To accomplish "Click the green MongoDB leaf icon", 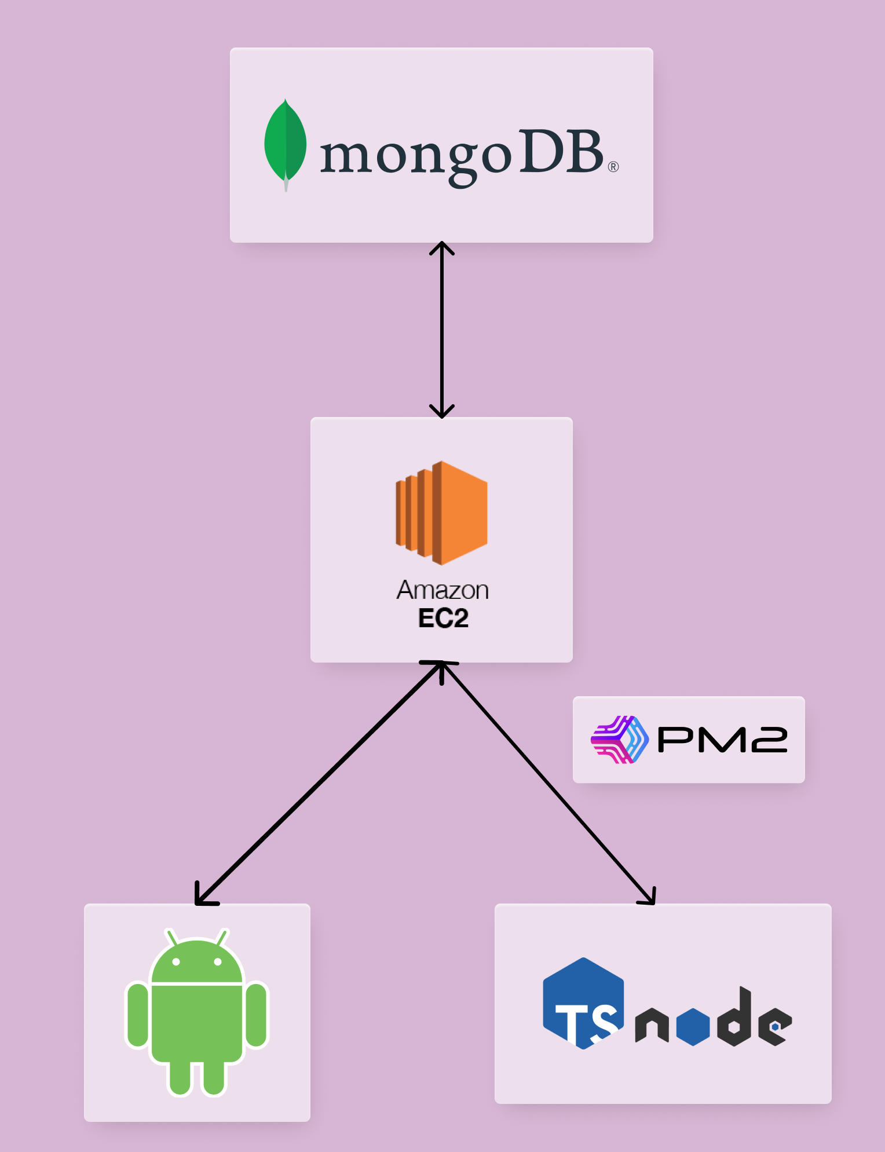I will (285, 142).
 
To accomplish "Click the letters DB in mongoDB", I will (561, 152).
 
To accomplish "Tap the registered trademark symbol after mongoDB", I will (613, 167).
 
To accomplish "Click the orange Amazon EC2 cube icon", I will (442, 513).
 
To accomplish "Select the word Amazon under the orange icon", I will (443, 590).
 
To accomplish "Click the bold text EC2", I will (443, 618).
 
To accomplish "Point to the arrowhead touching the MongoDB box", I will (442, 248).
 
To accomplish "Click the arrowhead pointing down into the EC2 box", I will (442, 411).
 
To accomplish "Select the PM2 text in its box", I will (722, 740).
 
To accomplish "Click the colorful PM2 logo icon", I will (619, 740).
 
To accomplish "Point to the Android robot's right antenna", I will (222, 937).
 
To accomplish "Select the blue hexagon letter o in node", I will (693, 1026).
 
